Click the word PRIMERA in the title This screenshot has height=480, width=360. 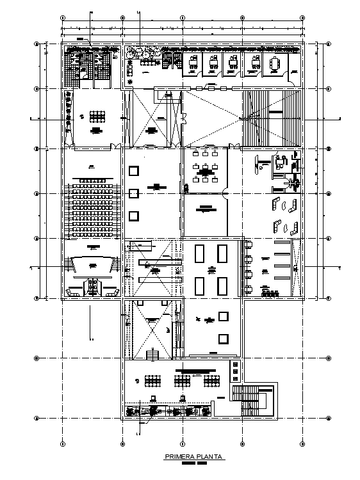[x=178, y=457]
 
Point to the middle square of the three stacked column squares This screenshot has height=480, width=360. [x=134, y=193]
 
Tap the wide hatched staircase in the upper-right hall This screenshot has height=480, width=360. [x=271, y=118]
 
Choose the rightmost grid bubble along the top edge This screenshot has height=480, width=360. [x=302, y=17]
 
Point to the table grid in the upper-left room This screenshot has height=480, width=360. [x=97, y=116]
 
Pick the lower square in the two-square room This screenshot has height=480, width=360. [x=222, y=338]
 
